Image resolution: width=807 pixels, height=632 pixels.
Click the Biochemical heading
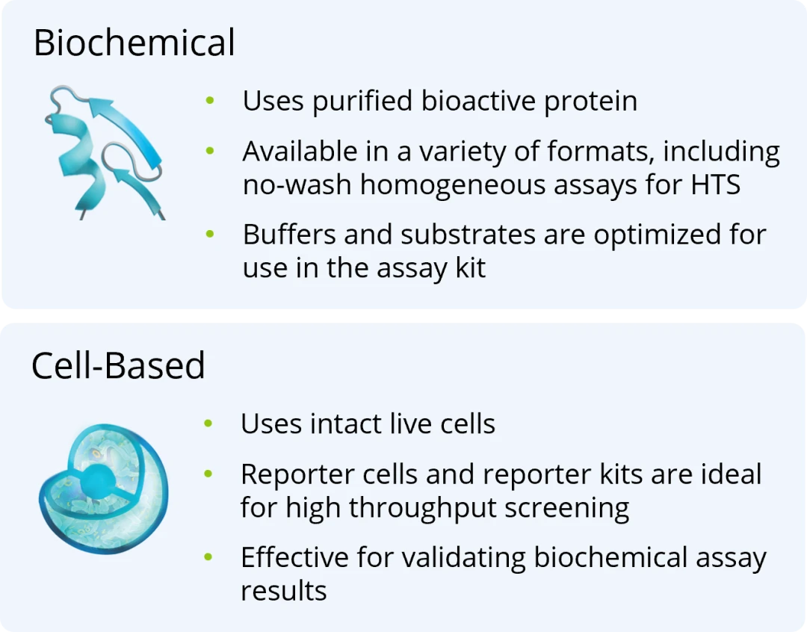coord(134,43)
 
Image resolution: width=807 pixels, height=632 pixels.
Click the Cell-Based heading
coord(118,365)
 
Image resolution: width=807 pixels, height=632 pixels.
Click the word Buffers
coord(289,235)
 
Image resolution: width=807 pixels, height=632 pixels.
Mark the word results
coord(284,591)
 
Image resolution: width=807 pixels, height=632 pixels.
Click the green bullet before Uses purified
coord(211,102)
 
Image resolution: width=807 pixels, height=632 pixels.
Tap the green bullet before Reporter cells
coord(209,474)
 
